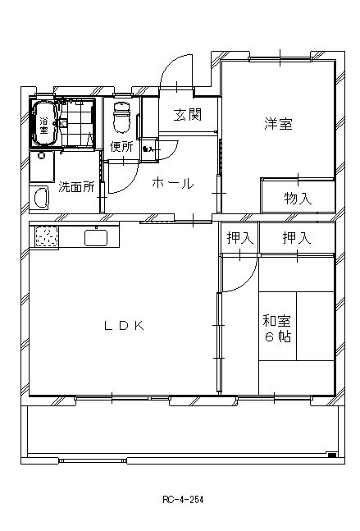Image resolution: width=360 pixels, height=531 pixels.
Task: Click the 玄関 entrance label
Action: click(x=188, y=115)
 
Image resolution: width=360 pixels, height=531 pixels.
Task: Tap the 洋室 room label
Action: click(x=279, y=124)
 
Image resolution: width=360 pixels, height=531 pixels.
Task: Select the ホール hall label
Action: click(x=173, y=184)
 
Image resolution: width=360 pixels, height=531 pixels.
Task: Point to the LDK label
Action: click(x=125, y=326)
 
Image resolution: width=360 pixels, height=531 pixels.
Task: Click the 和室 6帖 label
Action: click(x=277, y=328)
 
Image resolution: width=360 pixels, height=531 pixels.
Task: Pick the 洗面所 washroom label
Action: click(x=76, y=187)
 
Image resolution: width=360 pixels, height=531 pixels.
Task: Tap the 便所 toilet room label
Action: click(x=121, y=147)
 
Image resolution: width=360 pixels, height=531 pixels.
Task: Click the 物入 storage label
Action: click(x=298, y=198)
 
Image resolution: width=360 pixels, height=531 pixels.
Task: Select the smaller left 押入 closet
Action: click(x=239, y=238)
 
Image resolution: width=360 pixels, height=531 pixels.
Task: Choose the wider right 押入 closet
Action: click(x=297, y=238)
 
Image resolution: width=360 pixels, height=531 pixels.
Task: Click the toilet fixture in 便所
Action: click(x=121, y=117)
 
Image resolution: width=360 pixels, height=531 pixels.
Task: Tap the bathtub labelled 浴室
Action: click(x=44, y=124)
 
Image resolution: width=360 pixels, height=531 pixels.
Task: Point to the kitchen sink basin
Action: click(x=96, y=238)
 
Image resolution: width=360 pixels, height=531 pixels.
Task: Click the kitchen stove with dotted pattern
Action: click(x=47, y=236)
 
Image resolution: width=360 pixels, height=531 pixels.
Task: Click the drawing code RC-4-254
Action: click(x=183, y=500)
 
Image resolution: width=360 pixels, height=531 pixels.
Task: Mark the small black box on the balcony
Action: click(x=332, y=455)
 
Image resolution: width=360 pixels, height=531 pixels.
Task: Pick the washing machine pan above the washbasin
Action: click(x=42, y=167)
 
